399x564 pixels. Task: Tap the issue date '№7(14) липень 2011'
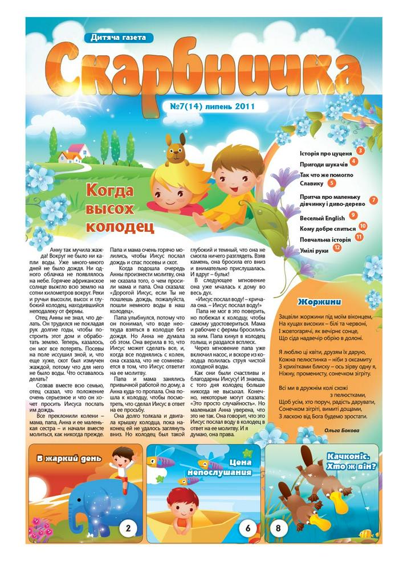coord(212,106)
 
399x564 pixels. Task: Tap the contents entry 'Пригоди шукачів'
coord(322,163)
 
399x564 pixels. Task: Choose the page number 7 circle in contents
coord(374,200)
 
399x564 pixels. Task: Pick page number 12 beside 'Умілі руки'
coord(338,248)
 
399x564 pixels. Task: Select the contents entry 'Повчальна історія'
coord(325,239)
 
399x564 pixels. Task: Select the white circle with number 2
coord(128,528)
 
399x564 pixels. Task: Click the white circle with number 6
coord(249,528)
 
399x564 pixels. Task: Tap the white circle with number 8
coord(278,528)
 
